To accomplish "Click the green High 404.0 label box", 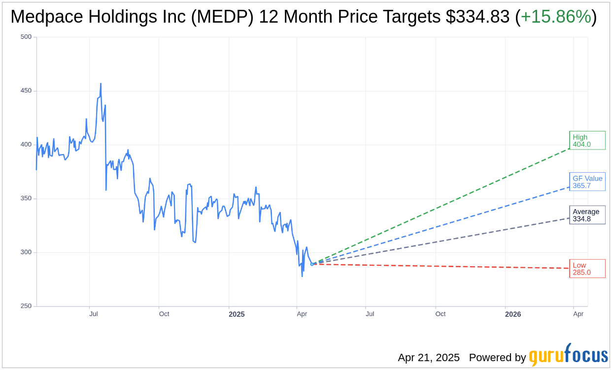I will pyautogui.click(x=587, y=141).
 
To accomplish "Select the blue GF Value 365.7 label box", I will pyautogui.click(x=587, y=182).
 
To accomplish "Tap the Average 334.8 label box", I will pyautogui.click(x=587, y=215).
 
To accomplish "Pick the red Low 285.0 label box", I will pyautogui.click(x=587, y=269).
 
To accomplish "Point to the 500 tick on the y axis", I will pyautogui.click(x=26, y=37).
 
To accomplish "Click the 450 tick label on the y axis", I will pyautogui.click(x=26, y=91).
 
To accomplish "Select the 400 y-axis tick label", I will pyautogui.click(x=26, y=145).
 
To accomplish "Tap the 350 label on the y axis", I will pyautogui.click(x=26, y=198).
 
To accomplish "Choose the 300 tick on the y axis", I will pyautogui.click(x=26, y=252).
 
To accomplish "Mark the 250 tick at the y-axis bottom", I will pyautogui.click(x=26, y=306).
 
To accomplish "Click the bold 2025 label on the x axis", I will pyautogui.click(x=237, y=314).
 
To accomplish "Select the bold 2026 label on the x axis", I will pyautogui.click(x=513, y=314).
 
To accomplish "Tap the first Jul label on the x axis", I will pyautogui.click(x=94, y=314).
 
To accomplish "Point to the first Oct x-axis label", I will pyautogui.click(x=164, y=314).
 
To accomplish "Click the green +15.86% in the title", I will pyautogui.click(x=556, y=17).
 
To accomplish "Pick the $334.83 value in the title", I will pyautogui.click(x=477, y=17).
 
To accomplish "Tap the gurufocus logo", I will pyautogui.click(x=568, y=355).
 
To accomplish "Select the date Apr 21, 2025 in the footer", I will pyautogui.click(x=429, y=358).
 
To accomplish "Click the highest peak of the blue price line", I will pyautogui.click(x=101, y=84).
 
